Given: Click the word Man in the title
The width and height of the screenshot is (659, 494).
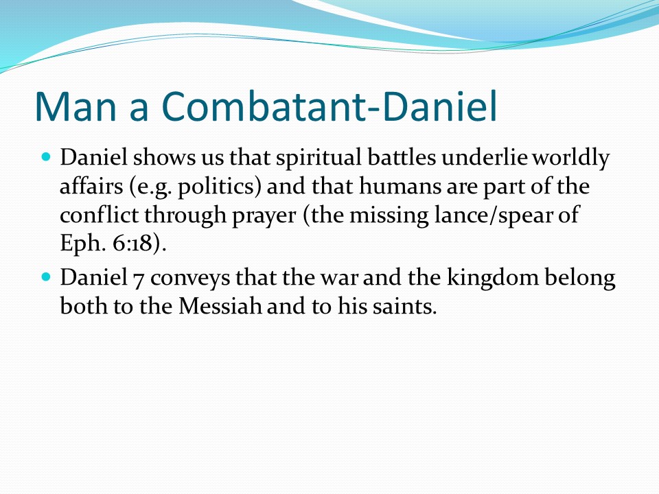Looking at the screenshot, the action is pos(76,106).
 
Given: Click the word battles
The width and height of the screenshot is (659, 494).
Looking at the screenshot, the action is pos(402,158).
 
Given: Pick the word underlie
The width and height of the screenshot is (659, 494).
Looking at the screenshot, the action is pos(485,158).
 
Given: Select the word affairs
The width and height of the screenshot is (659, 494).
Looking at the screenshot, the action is pos(91,186).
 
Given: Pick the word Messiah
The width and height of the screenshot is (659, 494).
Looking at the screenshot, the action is pos(220,305).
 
